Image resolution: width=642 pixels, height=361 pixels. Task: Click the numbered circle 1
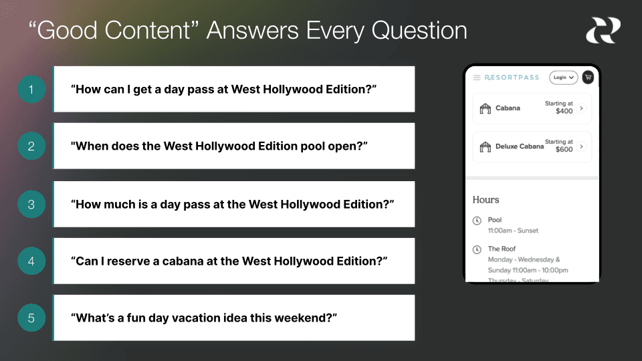(x=31, y=89)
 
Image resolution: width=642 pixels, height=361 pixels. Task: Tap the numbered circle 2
(x=31, y=146)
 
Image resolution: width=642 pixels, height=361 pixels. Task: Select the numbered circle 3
(x=31, y=205)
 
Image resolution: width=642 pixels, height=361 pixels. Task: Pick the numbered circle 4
(x=31, y=261)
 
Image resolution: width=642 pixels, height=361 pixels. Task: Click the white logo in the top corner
(x=603, y=31)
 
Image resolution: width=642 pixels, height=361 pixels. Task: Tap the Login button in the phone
(x=563, y=78)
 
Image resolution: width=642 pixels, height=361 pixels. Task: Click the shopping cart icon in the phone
(x=588, y=78)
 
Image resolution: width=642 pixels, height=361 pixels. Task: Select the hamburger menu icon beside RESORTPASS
(x=477, y=78)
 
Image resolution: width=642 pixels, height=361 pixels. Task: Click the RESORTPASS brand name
(x=512, y=78)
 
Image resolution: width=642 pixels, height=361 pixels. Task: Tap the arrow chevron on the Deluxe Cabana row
(x=581, y=146)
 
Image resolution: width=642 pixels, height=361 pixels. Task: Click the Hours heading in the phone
(x=486, y=200)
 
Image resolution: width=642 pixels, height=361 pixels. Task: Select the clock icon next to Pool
(x=477, y=221)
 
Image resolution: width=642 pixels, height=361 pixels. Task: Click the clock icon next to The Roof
(x=477, y=250)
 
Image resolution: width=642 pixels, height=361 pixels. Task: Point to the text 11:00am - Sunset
(x=513, y=231)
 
